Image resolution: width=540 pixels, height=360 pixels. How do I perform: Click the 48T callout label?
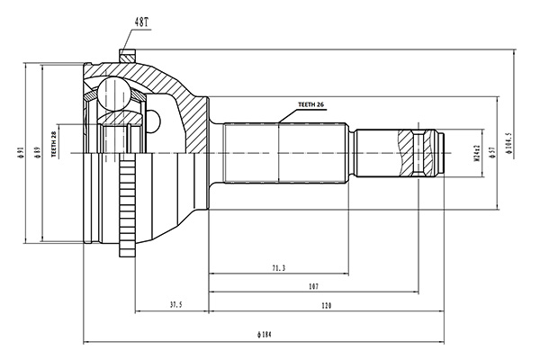click(141, 22)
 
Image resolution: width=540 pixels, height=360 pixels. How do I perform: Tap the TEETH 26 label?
click(311, 104)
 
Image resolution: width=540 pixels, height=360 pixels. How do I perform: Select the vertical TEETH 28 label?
click(53, 144)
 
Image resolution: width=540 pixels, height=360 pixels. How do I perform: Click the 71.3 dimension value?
click(279, 268)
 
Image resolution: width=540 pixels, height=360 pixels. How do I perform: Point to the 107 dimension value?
click(313, 286)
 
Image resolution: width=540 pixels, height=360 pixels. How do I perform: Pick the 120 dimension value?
click(326, 305)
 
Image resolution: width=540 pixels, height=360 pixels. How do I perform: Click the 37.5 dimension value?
click(175, 304)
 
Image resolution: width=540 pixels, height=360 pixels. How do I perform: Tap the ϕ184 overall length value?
click(264, 334)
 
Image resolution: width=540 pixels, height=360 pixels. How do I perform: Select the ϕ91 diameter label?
click(21, 152)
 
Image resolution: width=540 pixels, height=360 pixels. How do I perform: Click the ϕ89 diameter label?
click(37, 152)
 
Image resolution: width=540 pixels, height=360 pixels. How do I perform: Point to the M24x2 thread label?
click(477, 153)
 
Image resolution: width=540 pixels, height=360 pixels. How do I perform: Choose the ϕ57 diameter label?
click(492, 152)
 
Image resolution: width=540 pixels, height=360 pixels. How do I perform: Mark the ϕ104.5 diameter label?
click(508, 142)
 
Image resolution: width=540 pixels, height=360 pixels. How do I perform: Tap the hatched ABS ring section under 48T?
click(127, 56)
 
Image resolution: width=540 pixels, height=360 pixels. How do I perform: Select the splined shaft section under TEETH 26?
click(284, 153)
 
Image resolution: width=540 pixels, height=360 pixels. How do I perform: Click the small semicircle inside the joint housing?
click(154, 121)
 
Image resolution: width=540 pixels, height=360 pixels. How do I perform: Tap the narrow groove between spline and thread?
click(352, 153)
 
